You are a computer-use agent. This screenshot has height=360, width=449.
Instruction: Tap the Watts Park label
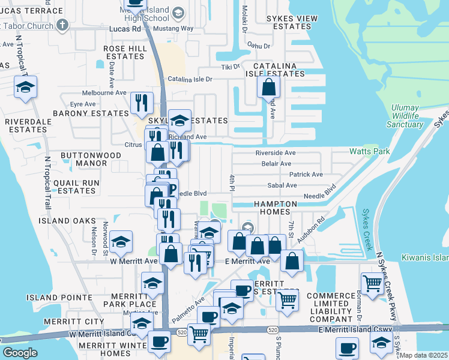pos(367,152)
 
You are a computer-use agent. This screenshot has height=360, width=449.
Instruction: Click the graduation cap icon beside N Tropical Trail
pos(26,88)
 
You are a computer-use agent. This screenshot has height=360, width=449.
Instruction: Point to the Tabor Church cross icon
pos(62,25)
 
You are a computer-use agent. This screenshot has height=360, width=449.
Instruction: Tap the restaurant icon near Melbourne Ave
pos(142,103)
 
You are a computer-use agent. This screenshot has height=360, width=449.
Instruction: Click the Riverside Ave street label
pos(276,153)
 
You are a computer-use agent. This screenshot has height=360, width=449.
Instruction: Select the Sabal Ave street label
pos(284,185)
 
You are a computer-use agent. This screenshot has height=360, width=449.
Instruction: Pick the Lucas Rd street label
pos(125,28)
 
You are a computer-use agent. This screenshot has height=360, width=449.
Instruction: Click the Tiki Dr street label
pos(231,67)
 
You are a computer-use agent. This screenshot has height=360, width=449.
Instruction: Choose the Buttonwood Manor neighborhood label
pos(91,159)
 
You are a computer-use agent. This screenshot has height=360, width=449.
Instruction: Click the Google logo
pos(20,353)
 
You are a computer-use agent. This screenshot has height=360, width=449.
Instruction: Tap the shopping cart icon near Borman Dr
pos(372,282)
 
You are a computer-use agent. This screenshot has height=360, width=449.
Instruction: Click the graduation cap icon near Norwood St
pos(121,242)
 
